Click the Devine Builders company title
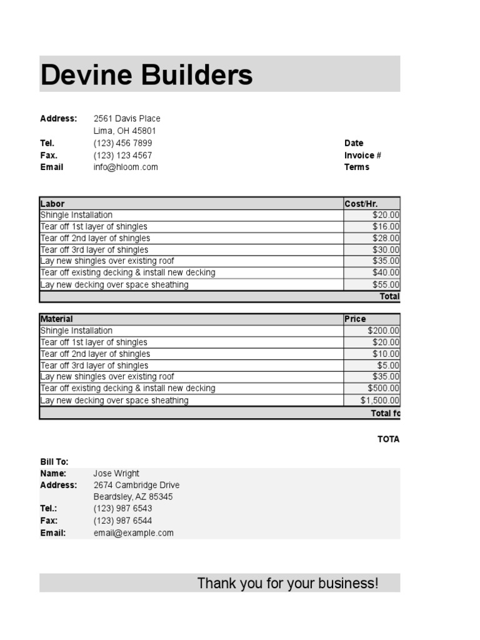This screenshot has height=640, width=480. click(x=146, y=75)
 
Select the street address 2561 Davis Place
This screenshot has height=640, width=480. click(x=127, y=119)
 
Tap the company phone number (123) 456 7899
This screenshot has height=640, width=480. click(x=122, y=143)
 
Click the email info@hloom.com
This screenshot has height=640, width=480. click(x=126, y=167)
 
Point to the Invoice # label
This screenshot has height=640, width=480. click(x=362, y=156)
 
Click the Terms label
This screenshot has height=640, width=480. click(x=356, y=167)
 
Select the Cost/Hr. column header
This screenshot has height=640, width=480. click(x=361, y=204)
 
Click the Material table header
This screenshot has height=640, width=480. click(x=57, y=319)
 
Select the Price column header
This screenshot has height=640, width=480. click(x=355, y=319)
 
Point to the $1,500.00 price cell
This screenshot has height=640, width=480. click(x=380, y=401)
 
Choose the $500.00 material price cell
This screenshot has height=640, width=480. click(x=383, y=389)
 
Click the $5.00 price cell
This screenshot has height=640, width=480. click(x=388, y=366)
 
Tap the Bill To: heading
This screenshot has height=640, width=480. click(x=54, y=462)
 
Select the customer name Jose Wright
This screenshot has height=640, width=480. click(x=116, y=474)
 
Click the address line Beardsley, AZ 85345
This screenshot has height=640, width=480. click(x=133, y=497)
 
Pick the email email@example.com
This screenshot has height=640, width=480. click(x=133, y=533)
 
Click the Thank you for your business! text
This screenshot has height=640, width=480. click(x=287, y=584)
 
